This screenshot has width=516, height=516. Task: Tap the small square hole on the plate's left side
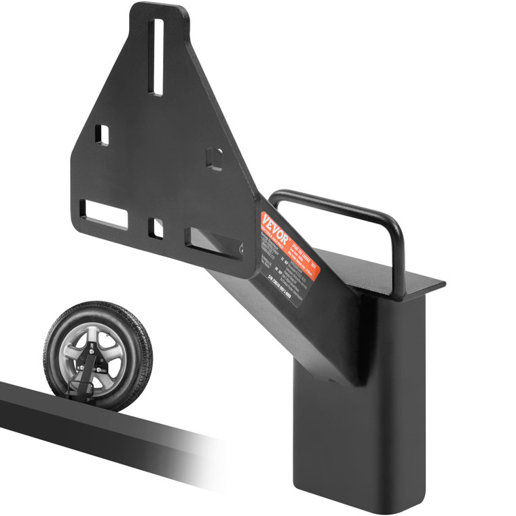point(102,134)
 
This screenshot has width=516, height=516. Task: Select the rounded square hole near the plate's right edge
point(215,158)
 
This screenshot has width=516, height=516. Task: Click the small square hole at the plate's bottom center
point(156,228)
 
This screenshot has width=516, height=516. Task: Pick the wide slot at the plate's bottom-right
point(214,242)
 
